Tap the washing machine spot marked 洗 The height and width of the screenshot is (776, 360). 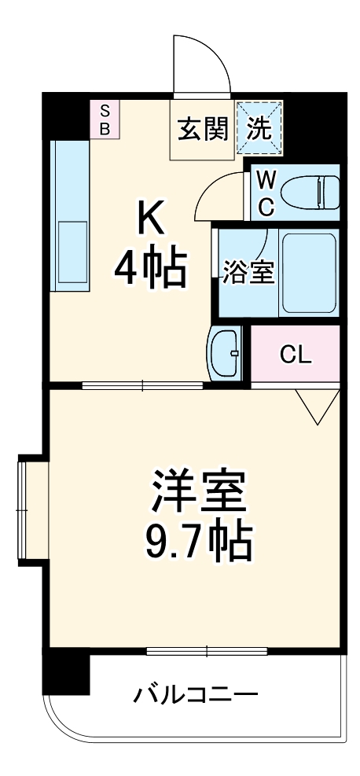[x=260, y=127]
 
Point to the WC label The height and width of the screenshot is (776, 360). [x=266, y=194]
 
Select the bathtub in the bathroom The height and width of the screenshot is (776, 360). [x=309, y=273]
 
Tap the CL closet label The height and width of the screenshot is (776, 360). [x=296, y=355]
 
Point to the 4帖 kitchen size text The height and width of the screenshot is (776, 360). [x=151, y=269]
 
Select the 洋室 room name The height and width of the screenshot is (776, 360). [x=197, y=494]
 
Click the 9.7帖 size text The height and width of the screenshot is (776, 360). [x=197, y=542]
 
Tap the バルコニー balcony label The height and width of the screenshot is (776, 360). [x=195, y=694]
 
